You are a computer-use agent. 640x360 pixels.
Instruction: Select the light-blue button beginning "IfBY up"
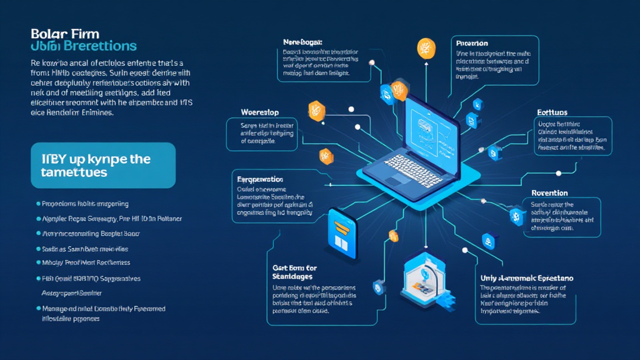(103, 165)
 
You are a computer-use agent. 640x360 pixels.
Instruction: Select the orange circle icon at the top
(426, 48)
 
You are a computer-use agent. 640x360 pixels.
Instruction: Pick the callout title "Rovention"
(549, 192)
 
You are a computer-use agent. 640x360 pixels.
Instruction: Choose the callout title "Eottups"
(552, 112)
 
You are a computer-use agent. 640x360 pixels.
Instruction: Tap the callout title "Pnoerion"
(472, 44)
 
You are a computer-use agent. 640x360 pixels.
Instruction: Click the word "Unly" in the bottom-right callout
(490, 277)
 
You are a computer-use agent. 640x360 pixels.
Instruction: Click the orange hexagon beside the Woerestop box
(316, 111)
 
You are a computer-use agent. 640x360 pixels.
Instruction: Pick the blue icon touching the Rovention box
(516, 216)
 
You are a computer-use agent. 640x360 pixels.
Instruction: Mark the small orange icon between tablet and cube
(393, 235)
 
